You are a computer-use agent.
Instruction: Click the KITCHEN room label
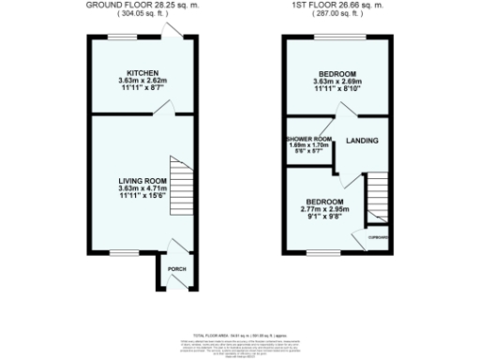(x=142, y=73)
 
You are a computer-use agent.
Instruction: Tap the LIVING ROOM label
(x=142, y=180)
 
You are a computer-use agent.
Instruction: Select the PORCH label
(x=176, y=270)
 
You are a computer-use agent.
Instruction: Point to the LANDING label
(x=362, y=141)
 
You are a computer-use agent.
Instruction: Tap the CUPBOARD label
(x=379, y=237)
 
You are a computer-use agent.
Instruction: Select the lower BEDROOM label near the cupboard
(x=323, y=202)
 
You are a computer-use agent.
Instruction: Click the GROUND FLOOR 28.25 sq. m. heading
(x=143, y=6)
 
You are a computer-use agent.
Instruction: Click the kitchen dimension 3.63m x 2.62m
(x=142, y=81)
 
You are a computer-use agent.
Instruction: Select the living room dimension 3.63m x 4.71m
(x=142, y=187)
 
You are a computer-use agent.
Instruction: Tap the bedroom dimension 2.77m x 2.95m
(x=323, y=209)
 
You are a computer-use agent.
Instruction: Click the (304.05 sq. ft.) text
(x=143, y=14)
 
